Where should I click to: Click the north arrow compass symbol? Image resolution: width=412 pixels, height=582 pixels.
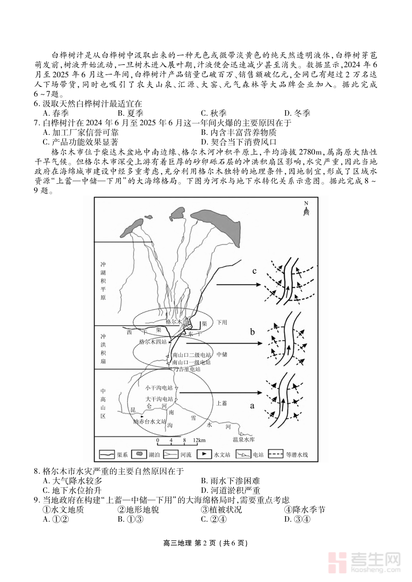click(x=306, y=209)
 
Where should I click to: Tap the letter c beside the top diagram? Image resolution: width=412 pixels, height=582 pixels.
click(x=255, y=271)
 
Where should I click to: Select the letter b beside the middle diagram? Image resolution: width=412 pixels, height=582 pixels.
click(x=252, y=332)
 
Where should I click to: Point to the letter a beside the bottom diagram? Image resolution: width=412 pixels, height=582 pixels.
click(x=251, y=405)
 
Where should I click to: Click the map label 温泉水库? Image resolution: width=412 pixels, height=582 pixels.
click(x=244, y=440)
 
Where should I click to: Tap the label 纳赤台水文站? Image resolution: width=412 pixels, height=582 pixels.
click(x=150, y=422)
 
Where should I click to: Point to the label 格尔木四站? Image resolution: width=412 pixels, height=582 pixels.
click(x=152, y=342)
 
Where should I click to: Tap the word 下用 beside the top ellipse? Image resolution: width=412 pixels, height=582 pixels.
click(x=222, y=322)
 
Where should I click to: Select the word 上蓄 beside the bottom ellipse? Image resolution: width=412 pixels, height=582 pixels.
click(x=222, y=403)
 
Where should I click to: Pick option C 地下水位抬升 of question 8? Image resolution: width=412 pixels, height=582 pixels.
click(x=75, y=490)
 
